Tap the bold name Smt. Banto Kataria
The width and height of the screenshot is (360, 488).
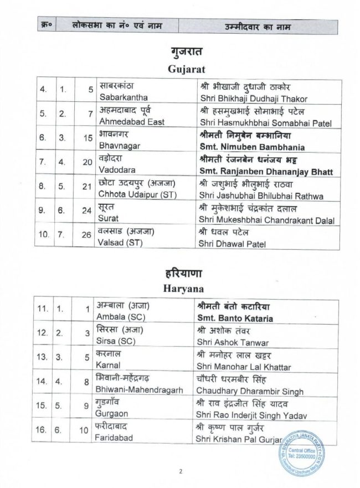tap(238, 317)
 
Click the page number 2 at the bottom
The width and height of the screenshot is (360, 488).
tap(181, 472)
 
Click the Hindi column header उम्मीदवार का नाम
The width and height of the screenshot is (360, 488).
tap(259, 27)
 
